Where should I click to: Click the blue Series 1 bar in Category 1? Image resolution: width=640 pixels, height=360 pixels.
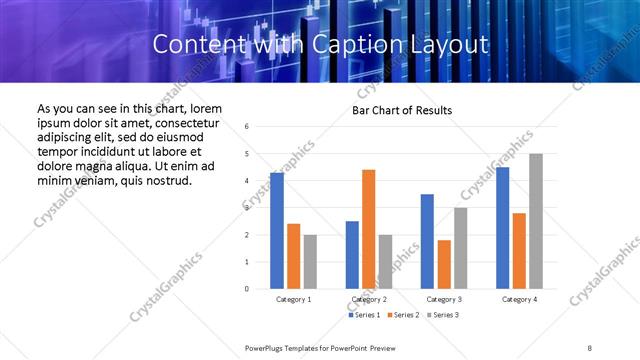277,230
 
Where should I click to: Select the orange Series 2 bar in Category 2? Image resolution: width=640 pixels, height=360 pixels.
368,229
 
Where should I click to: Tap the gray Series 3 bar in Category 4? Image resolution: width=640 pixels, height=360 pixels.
536,221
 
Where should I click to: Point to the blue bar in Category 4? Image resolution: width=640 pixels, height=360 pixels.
502,228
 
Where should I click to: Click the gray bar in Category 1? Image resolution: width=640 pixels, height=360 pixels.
310,262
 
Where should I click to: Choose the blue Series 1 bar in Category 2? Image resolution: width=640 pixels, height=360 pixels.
352,255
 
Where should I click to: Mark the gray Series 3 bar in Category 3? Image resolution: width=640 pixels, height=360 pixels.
460,248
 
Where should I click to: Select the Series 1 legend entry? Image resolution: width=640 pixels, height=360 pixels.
365,315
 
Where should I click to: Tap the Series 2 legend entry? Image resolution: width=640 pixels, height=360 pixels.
402,315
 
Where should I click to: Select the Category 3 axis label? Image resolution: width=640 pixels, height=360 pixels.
444,299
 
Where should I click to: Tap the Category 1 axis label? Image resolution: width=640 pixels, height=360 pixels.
293,299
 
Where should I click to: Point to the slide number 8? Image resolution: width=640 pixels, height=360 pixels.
590,346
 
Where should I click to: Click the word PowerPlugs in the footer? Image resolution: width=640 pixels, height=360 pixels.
266,346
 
